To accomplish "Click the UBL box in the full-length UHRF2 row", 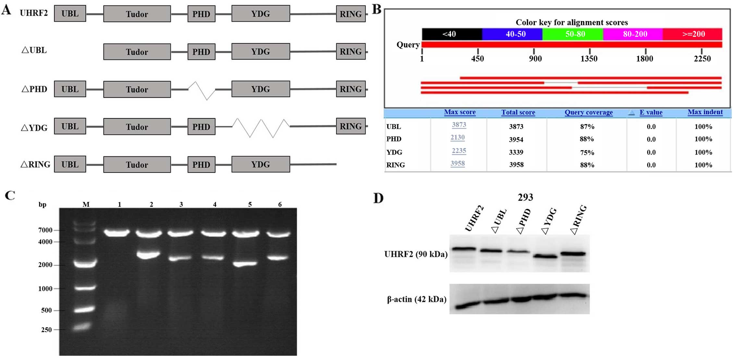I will [x=70, y=14].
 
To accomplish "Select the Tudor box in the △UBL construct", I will [x=137, y=52].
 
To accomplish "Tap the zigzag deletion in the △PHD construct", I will [x=202, y=90].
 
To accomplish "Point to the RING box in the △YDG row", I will [x=350, y=126].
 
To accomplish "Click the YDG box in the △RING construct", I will [x=261, y=164].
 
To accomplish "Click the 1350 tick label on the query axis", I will [x=589, y=59].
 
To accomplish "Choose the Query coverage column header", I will [x=588, y=112].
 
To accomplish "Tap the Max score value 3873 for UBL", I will [x=459, y=125].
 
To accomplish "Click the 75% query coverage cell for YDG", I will [x=587, y=152].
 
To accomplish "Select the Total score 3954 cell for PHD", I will [x=516, y=139].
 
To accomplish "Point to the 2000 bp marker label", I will [x=45, y=265].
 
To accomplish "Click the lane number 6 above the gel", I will [x=280, y=205].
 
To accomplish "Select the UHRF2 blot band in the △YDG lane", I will [x=545, y=256].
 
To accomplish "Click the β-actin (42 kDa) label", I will [x=416, y=299].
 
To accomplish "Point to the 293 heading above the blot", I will [x=525, y=197].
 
